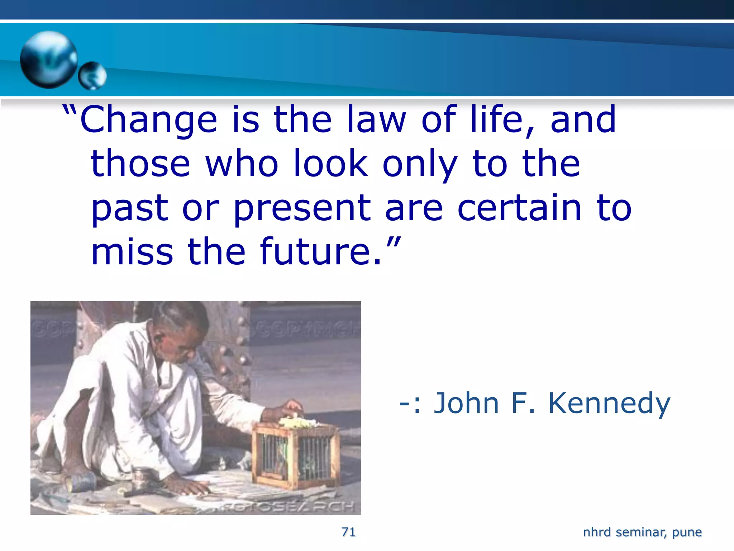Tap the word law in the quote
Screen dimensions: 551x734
pos(376,119)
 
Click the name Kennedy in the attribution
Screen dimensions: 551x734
pos(609,404)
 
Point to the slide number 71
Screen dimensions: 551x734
pos(348,532)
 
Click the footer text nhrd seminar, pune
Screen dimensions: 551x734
pos(642,532)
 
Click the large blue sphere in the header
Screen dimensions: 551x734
pos(48,59)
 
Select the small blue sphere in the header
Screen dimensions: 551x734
pos(92,75)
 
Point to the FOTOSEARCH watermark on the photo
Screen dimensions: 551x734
pos(287,506)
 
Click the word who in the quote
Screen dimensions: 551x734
pos(242,164)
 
